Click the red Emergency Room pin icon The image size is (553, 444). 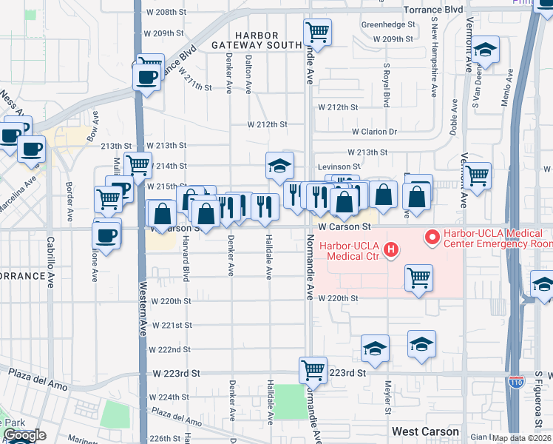[x=432, y=238]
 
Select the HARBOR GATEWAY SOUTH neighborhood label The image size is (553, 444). [x=257, y=41]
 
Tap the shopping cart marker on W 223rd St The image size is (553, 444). [x=313, y=369]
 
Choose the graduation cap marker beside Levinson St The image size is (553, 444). [x=280, y=166]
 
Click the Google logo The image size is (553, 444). [x=24, y=435]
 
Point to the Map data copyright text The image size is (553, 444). [x=520, y=438]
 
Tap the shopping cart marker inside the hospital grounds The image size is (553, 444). [x=419, y=278]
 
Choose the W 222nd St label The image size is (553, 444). [x=170, y=349]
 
